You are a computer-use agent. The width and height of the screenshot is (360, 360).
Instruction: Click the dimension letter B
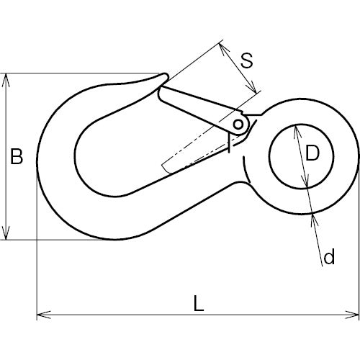click(17, 157)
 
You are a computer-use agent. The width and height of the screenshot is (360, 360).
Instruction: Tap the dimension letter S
click(246, 60)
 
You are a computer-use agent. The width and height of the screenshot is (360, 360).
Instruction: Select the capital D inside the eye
click(311, 153)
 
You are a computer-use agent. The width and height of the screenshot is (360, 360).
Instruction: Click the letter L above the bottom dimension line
click(198, 304)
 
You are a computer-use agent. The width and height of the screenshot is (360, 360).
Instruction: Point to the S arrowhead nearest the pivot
click(252, 89)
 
